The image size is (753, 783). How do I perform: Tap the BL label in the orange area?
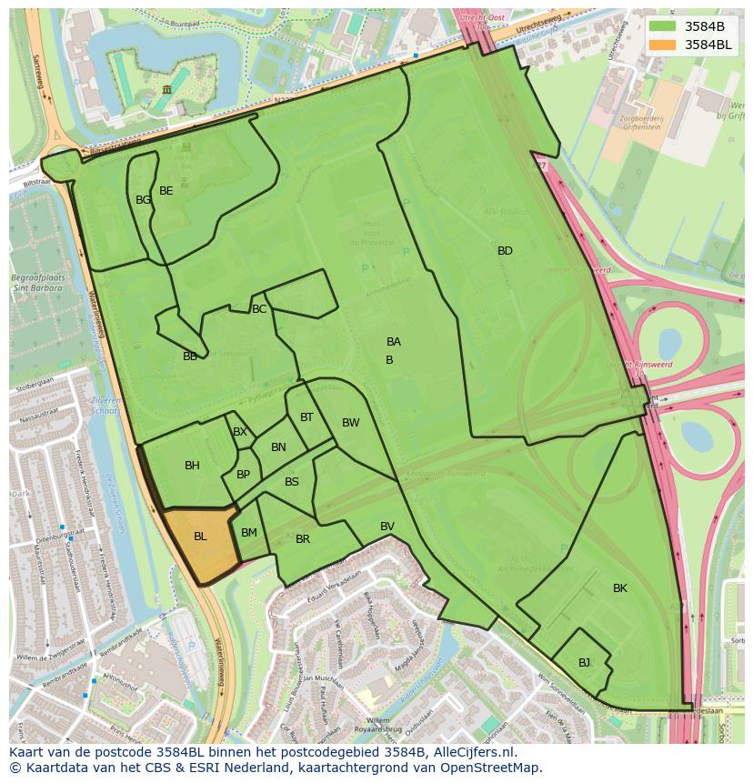click(x=200, y=537)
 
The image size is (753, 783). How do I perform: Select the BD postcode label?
click(x=505, y=251)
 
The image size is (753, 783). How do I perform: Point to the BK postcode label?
click(x=619, y=588)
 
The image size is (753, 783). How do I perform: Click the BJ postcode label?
click(x=584, y=662)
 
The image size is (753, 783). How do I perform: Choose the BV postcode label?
click(x=387, y=527)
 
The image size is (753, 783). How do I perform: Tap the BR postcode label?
click(x=303, y=539)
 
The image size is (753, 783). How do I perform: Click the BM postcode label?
click(x=249, y=532)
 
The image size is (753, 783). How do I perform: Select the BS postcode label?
click(x=292, y=482)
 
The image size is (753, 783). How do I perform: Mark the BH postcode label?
click(x=192, y=466)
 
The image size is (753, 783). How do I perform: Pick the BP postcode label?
click(x=243, y=475)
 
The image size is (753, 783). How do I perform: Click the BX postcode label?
click(x=239, y=432)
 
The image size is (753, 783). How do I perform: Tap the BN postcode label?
click(x=278, y=447)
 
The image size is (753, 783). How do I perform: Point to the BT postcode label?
click(x=306, y=417)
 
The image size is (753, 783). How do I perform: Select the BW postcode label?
click(x=351, y=423)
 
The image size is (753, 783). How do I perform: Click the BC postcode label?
click(x=259, y=309)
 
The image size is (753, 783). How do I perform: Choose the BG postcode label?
click(x=143, y=200)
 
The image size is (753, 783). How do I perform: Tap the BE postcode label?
click(x=166, y=191)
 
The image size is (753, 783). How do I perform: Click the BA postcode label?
click(x=394, y=342)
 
